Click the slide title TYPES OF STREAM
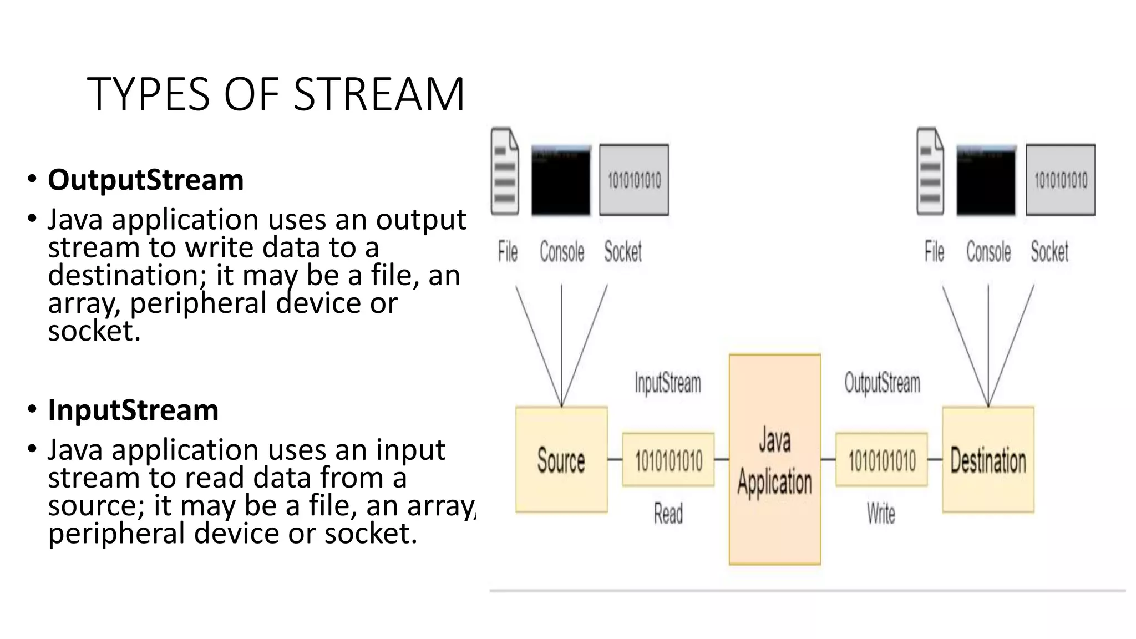(276, 94)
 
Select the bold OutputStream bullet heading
(145, 180)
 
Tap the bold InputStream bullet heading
(133, 410)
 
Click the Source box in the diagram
(561, 460)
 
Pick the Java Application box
(774, 460)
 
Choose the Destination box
(988, 460)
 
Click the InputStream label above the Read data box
(668, 383)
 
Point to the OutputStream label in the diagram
(882, 383)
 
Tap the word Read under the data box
(668, 513)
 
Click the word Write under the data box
(881, 513)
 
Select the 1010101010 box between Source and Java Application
(668, 460)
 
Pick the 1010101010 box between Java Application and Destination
(881, 460)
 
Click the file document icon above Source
(505, 172)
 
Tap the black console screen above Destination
(986, 181)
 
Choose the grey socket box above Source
(634, 180)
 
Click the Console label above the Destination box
(988, 252)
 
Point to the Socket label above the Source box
(623, 252)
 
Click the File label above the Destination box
(934, 252)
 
